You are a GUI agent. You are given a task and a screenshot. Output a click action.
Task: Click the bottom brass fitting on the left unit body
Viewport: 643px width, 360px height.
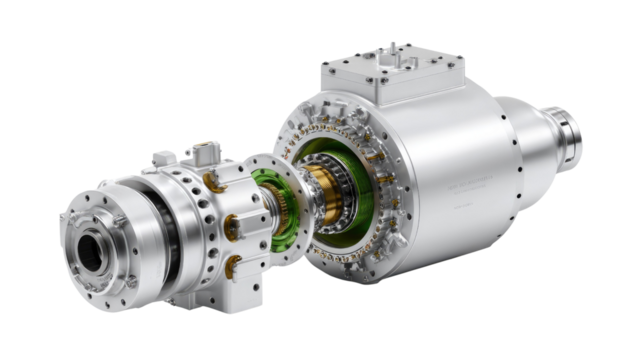click(232, 264)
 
